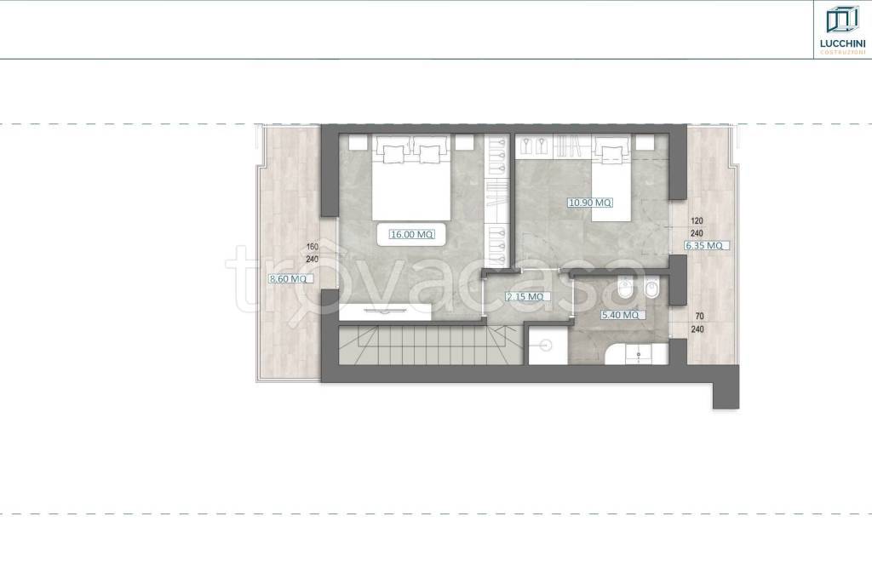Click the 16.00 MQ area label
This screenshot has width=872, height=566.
411,235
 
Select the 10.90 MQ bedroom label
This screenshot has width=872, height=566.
590,203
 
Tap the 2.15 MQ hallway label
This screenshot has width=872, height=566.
525,297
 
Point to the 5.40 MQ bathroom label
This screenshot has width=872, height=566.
620,315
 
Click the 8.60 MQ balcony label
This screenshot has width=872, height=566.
288,279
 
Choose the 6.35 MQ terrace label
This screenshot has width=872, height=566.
704,246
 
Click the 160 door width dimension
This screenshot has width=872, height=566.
312,247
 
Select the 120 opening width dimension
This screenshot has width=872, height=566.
697,221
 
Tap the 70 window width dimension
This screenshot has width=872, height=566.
700,317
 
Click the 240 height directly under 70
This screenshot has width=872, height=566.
697,329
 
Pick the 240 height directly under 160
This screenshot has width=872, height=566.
312,259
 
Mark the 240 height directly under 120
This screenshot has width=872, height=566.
697,233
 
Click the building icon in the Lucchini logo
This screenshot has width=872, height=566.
842,20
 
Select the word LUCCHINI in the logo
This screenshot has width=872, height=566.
842,43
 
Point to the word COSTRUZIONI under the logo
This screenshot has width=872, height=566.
842,52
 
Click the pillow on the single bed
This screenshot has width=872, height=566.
612,152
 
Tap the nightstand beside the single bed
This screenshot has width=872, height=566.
646,142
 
